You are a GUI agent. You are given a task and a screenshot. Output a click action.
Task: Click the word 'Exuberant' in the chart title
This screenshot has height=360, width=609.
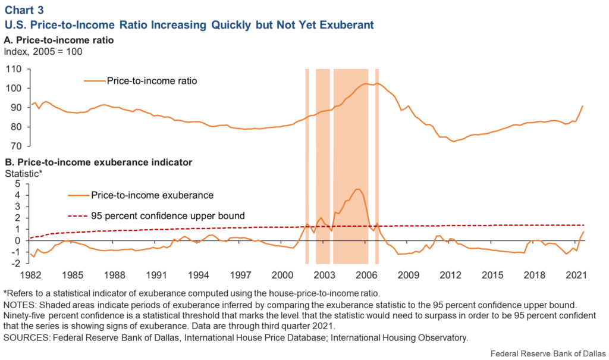pyautogui.click(x=346, y=25)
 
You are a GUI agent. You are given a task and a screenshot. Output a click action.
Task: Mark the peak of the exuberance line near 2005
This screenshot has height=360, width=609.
pyautogui.click(x=357, y=189)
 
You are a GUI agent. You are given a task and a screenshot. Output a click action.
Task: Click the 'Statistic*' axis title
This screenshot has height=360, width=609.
pyautogui.click(x=24, y=173)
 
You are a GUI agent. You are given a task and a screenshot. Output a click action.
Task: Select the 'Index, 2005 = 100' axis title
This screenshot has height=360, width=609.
pyautogui.click(x=43, y=52)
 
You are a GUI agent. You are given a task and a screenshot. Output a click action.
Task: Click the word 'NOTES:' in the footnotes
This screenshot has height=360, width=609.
pyautogui.click(x=21, y=304)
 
